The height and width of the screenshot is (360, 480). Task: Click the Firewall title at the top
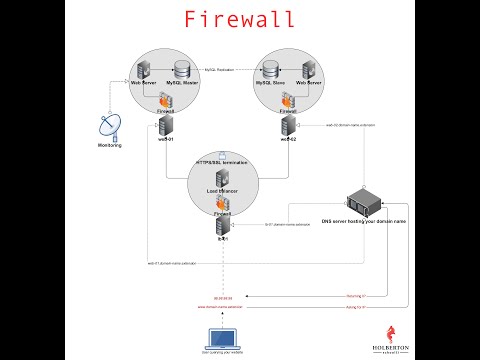tap(239, 19)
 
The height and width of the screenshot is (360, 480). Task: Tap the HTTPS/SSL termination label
tap(221, 161)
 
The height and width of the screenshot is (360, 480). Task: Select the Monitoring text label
tap(108, 146)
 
